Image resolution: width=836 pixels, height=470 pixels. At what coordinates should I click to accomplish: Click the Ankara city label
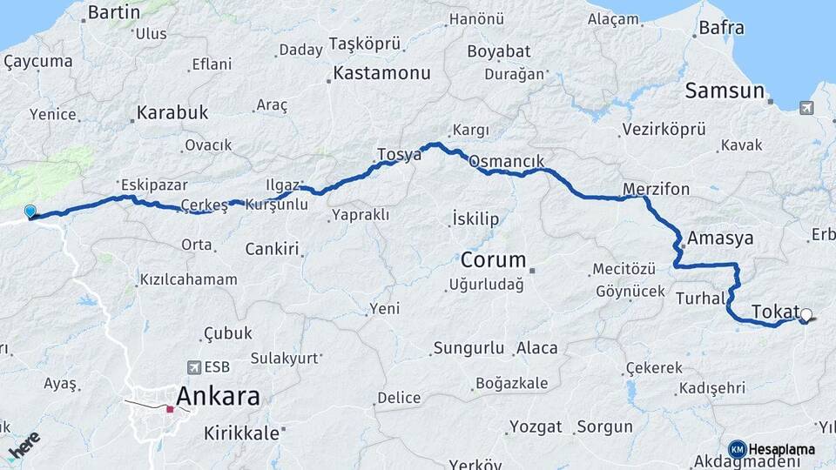tap(218, 397)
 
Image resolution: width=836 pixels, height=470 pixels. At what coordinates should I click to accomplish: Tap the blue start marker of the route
tap(30, 211)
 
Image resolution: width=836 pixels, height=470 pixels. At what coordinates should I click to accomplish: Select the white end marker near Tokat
tap(806, 315)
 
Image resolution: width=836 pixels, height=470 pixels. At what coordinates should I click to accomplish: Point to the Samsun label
tap(725, 91)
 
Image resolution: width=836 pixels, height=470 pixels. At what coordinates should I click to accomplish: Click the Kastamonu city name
tap(381, 74)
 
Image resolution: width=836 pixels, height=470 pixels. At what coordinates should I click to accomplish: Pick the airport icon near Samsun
tap(806, 108)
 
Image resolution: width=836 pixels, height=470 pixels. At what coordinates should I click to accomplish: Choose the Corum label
tap(494, 260)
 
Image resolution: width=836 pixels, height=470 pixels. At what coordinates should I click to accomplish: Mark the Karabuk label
tap(172, 113)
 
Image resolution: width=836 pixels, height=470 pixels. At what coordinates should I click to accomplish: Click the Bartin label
tap(114, 12)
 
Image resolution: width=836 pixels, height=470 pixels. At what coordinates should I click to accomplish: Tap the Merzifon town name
tap(657, 189)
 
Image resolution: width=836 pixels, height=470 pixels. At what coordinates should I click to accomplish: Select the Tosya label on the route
tap(399, 155)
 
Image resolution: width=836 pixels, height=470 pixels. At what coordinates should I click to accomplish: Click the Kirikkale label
tap(241, 433)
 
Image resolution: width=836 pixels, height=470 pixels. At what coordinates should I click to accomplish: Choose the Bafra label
tap(722, 29)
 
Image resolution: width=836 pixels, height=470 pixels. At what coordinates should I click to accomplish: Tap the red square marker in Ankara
tap(170, 408)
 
